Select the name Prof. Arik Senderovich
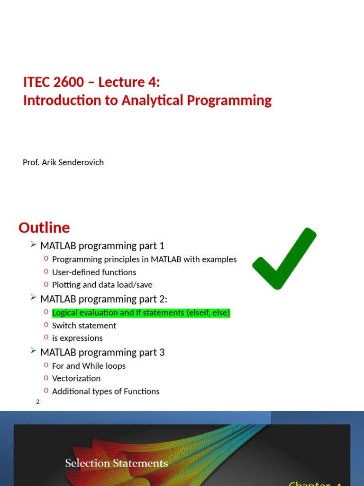point(63,162)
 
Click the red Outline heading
point(44,228)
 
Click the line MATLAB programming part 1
point(102,246)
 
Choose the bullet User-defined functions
point(94,272)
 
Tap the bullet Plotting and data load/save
point(102,285)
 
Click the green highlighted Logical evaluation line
point(141,313)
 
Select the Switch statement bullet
point(84,326)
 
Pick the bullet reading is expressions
point(77,338)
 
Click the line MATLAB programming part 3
point(102,352)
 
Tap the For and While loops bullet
point(89,366)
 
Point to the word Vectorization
point(76,378)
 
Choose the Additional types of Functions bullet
point(105,392)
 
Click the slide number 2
point(38,402)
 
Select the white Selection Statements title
point(116,463)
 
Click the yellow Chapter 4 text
point(315,483)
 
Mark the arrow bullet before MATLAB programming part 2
point(33,298)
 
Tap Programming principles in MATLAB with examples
point(144,259)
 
